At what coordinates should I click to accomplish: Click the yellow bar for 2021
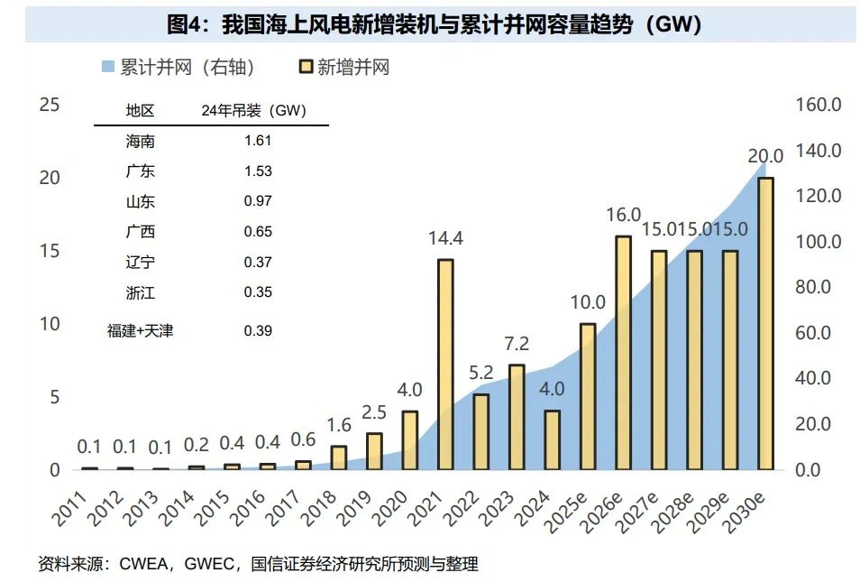click(x=444, y=365)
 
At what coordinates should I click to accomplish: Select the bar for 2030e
click(x=765, y=324)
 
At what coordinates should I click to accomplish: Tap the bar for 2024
click(x=552, y=440)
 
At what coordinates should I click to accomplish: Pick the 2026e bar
click(x=623, y=353)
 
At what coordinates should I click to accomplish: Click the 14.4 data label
click(x=444, y=239)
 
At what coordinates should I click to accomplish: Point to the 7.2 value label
click(x=517, y=345)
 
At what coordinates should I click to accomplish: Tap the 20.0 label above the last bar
click(x=765, y=156)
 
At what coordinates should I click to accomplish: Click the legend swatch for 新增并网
click(x=306, y=67)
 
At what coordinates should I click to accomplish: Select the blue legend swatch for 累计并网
click(x=107, y=67)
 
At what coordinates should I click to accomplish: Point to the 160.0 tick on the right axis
click(x=819, y=105)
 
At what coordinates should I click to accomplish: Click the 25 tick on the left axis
click(x=50, y=105)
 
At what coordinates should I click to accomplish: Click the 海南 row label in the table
click(x=141, y=141)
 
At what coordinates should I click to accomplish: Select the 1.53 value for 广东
click(x=258, y=171)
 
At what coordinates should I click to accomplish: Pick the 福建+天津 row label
click(x=141, y=331)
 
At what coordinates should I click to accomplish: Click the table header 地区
click(x=141, y=111)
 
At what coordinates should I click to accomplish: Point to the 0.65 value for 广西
click(x=258, y=232)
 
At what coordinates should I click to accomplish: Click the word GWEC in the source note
click(x=211, y=565)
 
